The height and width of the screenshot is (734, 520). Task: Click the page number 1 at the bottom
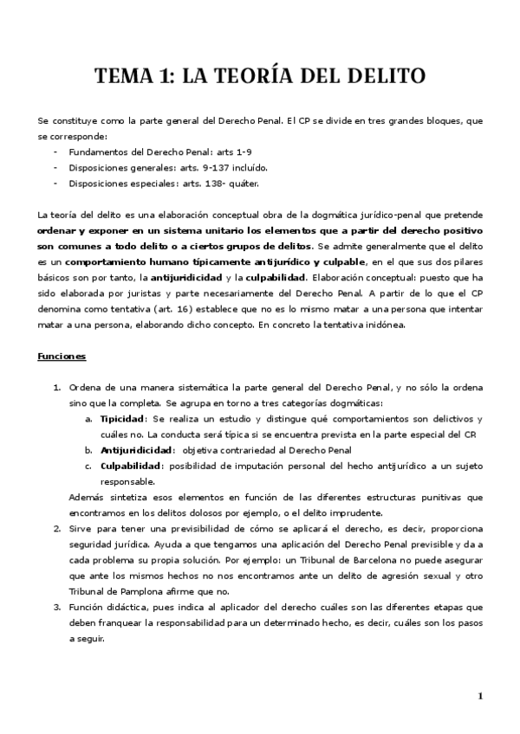(479, 696)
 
